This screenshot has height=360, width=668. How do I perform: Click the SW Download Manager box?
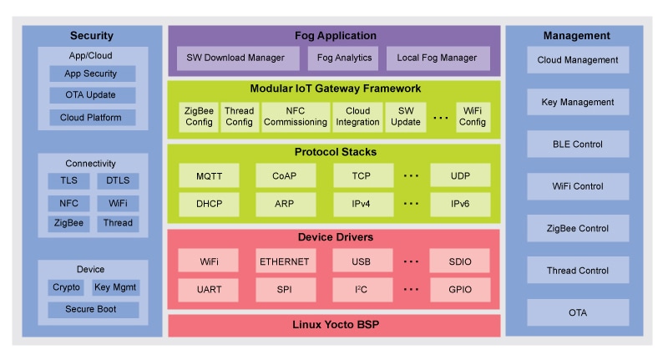point(237,58)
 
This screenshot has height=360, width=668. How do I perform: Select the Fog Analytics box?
point(342,58)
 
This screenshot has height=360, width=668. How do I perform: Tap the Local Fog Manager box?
point(438,58)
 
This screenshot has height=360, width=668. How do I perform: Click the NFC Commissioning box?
point(295,117)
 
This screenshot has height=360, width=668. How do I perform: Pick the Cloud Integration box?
point(357,117)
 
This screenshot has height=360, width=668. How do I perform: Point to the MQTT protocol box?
point(209,175)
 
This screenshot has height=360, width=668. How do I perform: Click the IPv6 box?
point(460,204)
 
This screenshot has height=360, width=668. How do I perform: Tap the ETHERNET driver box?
point(286,261)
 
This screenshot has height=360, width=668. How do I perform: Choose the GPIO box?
point(460,290)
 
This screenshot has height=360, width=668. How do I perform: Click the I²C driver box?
point(362,290)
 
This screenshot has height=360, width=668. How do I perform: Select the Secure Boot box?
point(92,310)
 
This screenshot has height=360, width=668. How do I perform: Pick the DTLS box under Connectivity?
point(118,180)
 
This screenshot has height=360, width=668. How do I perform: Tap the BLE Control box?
point(578,144)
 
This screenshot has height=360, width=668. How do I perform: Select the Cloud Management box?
point(578,60)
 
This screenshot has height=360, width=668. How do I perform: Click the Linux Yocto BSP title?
point(334,325)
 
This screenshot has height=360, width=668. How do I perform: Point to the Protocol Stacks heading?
point(334,152)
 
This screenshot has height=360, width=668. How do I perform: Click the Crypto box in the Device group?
point(66,287)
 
